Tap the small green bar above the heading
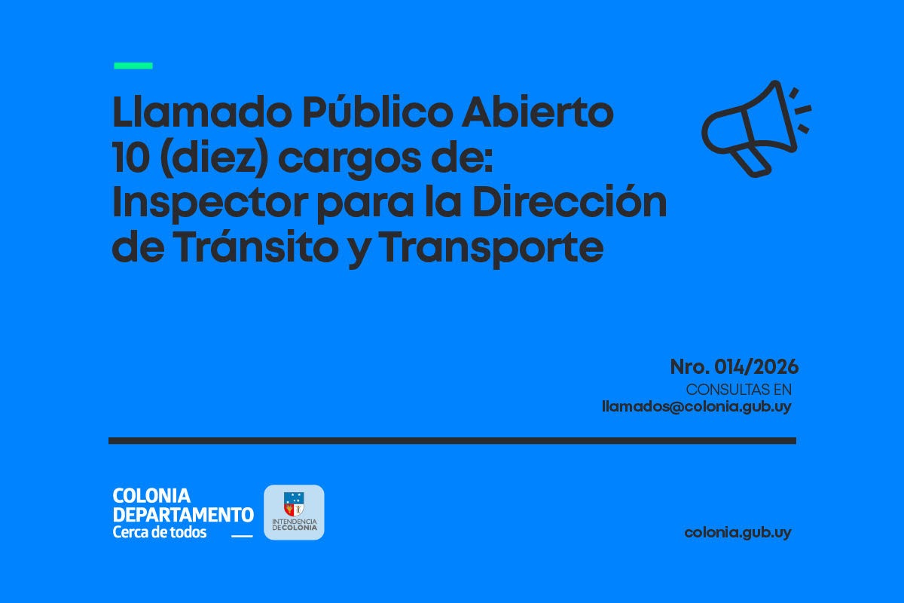tap(133, 66)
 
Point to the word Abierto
tap(538, 112)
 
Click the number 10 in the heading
tap(131, 158)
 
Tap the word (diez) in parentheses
tap(214, 158)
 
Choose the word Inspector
tap(210, 204)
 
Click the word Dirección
tap(570, 200)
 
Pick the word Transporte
tap(491, 248)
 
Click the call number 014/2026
tap(756, 367)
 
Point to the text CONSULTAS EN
tap(739, 390)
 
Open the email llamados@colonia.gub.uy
tap(697, 407)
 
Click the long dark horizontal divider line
tap(453, 441)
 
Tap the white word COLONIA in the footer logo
tap(151, 495)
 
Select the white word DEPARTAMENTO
tap(183, 515)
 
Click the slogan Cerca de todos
tap(160, 532)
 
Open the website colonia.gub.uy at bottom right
tap(738, 533)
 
